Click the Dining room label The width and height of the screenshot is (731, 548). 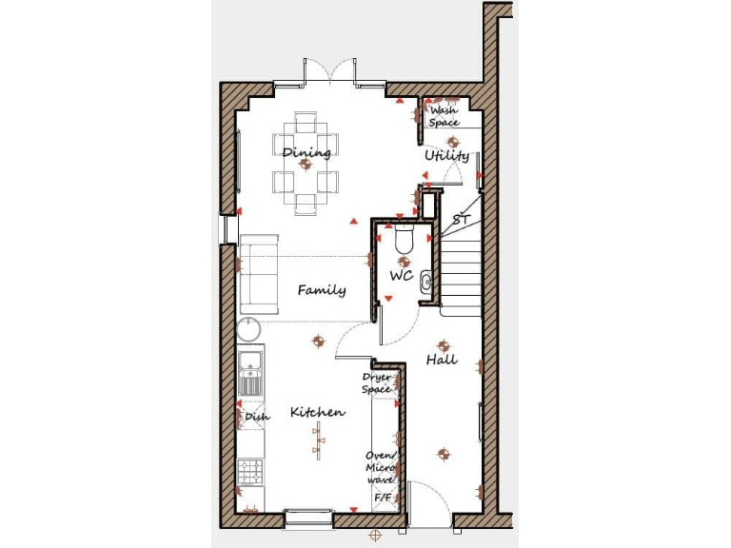[x=306, y=151]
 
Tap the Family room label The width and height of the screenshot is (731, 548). [x=321, y=290]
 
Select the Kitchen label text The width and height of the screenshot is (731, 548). [x=317, y=412]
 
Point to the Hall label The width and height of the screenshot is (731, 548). [x=442, y=360]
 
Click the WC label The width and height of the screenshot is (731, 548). [x=401, y=276]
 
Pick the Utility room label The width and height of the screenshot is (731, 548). [x=446, y=155]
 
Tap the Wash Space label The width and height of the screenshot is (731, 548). [x=444, y=116]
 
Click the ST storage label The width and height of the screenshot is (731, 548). [x=462, y=220]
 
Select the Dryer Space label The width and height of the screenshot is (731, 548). [x=377, y=383]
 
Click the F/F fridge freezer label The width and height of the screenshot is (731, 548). [x=382, y=498]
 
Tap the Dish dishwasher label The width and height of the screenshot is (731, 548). [x=257, y=416]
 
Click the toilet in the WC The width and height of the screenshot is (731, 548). [x=404, y=241]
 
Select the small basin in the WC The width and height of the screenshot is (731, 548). [x=426, y=280]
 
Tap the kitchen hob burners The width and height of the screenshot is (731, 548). [x=249, y=470]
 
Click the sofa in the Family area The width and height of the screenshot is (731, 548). [x=258, y=274]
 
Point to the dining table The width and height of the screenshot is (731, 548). [x=306, y=164]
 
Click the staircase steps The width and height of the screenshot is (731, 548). [x=462, y=271]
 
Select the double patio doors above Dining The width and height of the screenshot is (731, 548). [x=329, y=73]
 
